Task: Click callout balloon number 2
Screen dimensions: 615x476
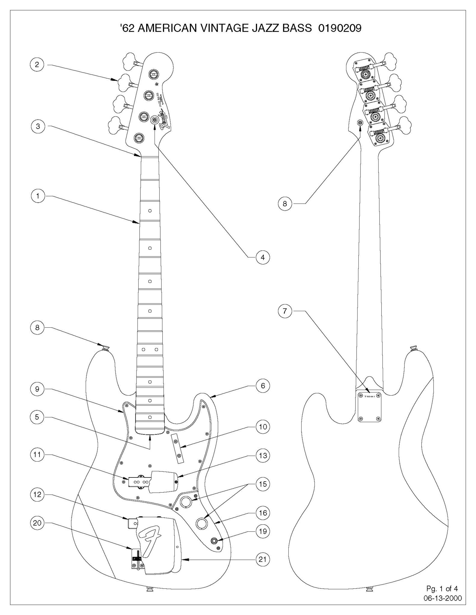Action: click(x=37, y=65)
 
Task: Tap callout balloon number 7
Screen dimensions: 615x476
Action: click(x=285, y=311)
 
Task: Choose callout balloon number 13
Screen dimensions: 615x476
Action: click(x=263, y=456)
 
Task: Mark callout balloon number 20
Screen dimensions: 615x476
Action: click(x=37, y=523)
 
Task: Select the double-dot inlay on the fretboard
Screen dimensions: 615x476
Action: click(x=150, y=349)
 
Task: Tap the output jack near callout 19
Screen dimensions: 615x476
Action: click(x=214, y=541)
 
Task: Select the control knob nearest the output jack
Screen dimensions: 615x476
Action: click(x=202, y=523)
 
